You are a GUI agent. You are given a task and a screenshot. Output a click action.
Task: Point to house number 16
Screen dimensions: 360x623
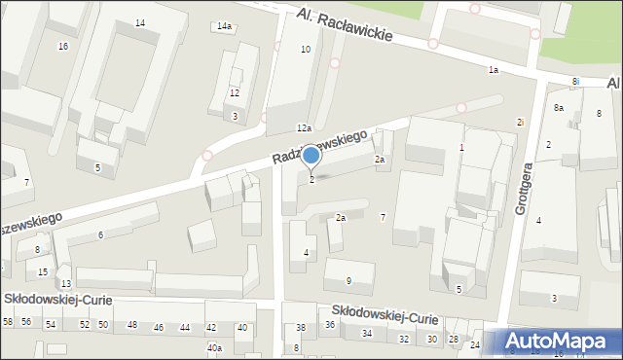click(x=63, y=47)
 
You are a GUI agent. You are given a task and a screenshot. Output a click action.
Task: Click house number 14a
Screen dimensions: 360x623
click(x=225, y=26)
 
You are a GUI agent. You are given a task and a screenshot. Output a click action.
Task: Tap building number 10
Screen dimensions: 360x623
click(x=306, y=49)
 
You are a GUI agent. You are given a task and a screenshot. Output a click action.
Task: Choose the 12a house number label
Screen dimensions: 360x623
click(x=304, y=128)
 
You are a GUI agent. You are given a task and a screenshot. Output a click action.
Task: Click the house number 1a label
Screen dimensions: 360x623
click(x=494, y=70)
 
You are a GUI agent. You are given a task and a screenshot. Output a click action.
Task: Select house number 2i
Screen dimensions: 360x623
click(x=521, y=122)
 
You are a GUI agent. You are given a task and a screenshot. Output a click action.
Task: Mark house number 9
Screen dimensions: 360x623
click(x=348, y=281)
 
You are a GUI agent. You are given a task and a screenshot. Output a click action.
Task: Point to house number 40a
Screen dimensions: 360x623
click(x=214, y=347)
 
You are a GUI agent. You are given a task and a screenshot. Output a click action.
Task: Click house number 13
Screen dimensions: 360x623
click(x=65, y=283)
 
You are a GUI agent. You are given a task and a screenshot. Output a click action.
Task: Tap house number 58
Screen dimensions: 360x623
click(x=8, y=322)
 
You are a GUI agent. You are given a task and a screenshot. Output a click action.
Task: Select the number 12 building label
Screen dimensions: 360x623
click(x=234, y=93)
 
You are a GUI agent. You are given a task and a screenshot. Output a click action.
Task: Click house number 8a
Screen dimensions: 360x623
click(x=559, y=107)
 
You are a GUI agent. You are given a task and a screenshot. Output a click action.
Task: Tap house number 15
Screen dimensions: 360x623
click(x=43, y=271)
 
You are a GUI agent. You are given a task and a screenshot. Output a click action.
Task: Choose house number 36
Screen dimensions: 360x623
click(x=330, y=324)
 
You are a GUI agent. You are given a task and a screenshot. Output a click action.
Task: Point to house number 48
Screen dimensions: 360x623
click(x=132, y=325)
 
